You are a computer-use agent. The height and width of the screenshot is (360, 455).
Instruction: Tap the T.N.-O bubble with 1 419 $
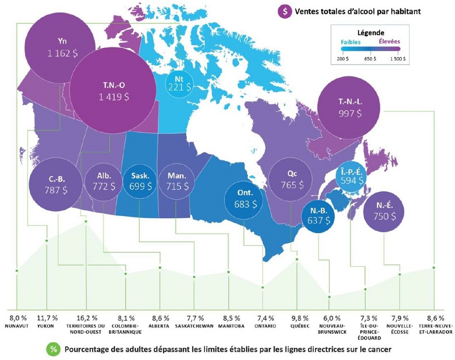pyautogui.click(x=114, y=89)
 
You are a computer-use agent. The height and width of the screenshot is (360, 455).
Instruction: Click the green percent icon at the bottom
pyautogui.click(x=50, y=349)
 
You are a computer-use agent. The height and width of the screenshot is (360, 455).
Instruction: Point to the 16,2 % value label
pyautogui.click(x=87, y=317)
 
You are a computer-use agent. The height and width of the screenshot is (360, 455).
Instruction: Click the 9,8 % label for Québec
pyautogui.click(x=297, y=317)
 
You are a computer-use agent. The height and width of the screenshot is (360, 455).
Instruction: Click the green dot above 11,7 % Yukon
pyautogui.click(x=46, y=240)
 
